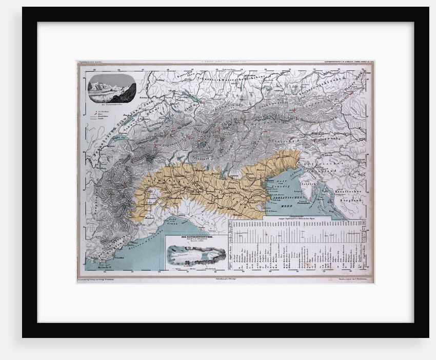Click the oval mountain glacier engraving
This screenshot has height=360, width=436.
click(111, 89)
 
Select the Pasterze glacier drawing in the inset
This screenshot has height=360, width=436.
click(196, 255)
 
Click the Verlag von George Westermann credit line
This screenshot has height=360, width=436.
click(103, 280)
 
